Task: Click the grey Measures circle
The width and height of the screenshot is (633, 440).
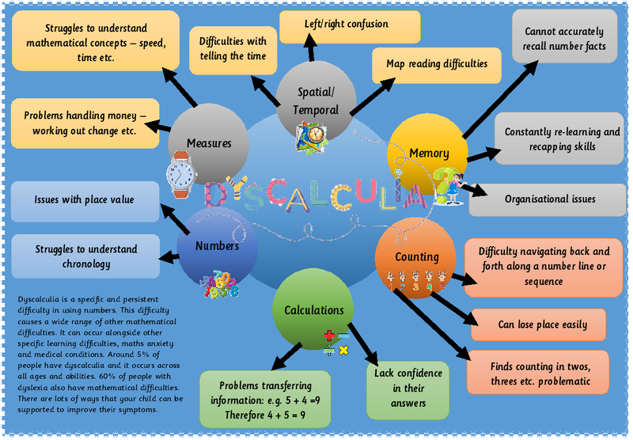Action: pyautogui.click(x=208, y=144)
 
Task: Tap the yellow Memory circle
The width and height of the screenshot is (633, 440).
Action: pyautogui.click(x=427, y=154)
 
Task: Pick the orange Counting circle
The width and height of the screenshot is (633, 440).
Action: pyautogui.click(x=416, y=258)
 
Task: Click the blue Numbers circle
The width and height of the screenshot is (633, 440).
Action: pyautogui.click(x=217, y=248)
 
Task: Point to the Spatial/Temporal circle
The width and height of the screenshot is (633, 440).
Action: pyautogui.click(x=316, y=101)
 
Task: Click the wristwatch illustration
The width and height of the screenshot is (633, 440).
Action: pyautogui.click(x=181, y=175)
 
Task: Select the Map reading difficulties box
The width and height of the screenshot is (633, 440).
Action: pyautogui.click(x=437, y=66)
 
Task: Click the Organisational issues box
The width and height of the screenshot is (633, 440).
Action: pyautogui.click(x=548, y=199)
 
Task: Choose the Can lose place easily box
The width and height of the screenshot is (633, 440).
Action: pyautogui.click(x=539, y=325)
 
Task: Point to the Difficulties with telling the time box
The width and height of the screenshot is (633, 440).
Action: pyautogui.click(x=233, y=51)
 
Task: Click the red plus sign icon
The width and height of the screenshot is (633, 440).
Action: pyautogui.click(x=329, y=336)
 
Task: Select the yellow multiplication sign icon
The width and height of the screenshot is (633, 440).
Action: pyautogui.click(x=344, y=350)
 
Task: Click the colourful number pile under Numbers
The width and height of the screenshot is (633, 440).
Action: pyautogui.click(x=222, y=284)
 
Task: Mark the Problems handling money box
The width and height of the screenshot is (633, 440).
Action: pyautogui.click(x=85, y=123)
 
